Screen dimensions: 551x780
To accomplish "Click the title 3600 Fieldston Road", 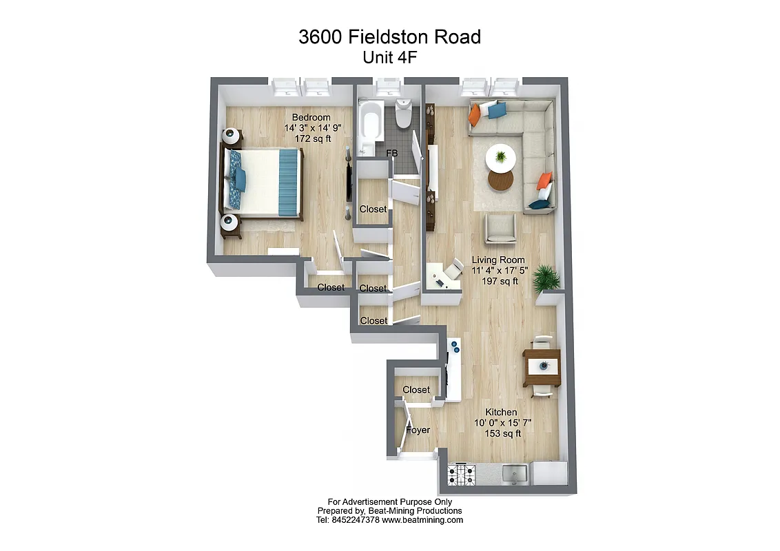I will click(x=389, y=37).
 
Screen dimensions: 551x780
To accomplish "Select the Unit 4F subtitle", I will click(x=389, y=58).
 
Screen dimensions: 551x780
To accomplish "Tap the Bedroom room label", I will click(x=311, y=117).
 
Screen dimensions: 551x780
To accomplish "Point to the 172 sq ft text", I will click(x=313, y=138).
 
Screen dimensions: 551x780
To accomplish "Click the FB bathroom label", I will click(x=391, y=153).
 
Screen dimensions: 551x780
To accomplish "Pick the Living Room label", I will click(x=497, y=260).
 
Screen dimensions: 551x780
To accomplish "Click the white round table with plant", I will click(x=501, y=158).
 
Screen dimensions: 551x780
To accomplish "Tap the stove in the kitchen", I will click(x=462, y=475).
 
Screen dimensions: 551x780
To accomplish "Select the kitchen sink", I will click(x=515, y=473).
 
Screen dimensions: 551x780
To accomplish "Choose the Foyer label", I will click(x=418, y=430).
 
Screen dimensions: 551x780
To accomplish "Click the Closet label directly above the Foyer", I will click(x=416, y=390).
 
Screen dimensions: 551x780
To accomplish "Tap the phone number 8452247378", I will click(x=356, y=520).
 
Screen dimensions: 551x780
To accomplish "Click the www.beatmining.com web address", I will click(x=422, y=520).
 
